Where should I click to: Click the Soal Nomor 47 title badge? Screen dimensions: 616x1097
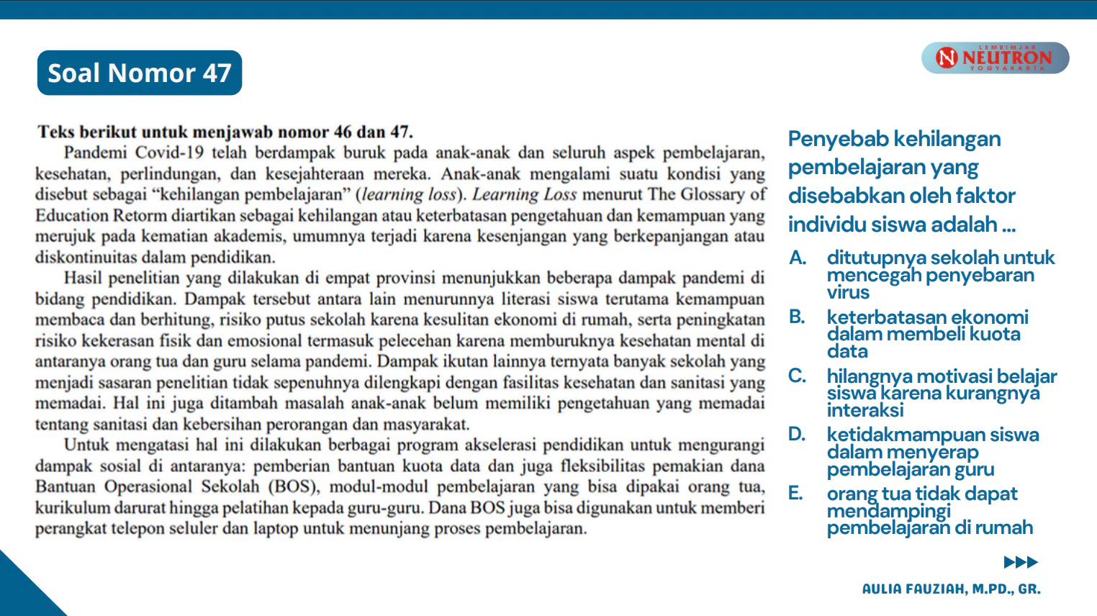click(x=140, y=73)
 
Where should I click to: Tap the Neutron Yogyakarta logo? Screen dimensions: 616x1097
click(x=995, y=58)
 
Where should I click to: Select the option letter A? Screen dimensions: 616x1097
click(x=798, y=258)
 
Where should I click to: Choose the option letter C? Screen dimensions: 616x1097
click(x=797, y=376)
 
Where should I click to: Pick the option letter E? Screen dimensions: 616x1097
click(x=795, y=493)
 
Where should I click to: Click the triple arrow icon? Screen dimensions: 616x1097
click(x=1021, y=562)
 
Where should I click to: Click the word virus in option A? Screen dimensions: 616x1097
click(x=848, y=292)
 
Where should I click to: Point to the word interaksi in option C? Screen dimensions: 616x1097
click(x=865, y=410)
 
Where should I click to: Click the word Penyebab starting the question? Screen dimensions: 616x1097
click(x=835, y=139)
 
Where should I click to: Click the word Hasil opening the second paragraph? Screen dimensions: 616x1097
click(x=83, y=278)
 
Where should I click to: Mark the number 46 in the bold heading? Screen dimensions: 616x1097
click(x=343, y=132)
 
